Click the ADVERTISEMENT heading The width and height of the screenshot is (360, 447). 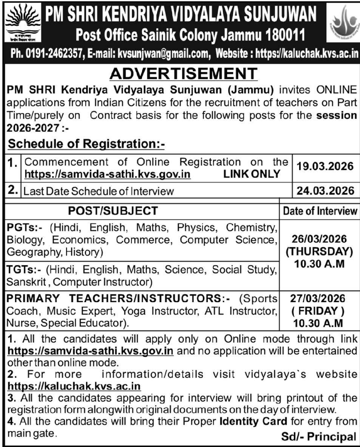pos(183,74)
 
